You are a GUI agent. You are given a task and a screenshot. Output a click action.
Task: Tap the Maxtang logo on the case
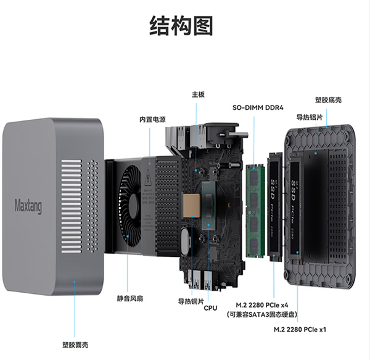pyautogui.click(x=28, y=204)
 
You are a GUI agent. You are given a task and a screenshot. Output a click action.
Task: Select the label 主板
pyautogui.click(x=197, y=94)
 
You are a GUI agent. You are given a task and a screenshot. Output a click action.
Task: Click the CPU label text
pyautogui.click(x=210, y=307)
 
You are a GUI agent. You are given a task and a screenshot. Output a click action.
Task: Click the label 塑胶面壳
pyautogui.click(x=75, y=344)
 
